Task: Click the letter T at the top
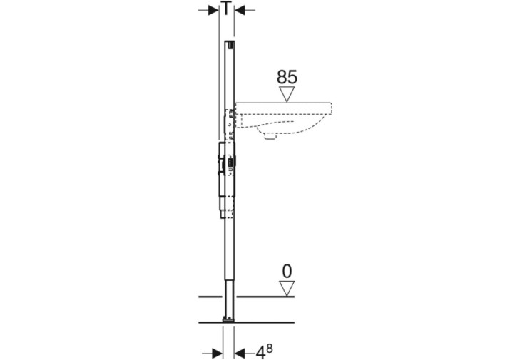[x=226, y=8]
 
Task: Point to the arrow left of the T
[x=208, y=11]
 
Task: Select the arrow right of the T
[x=245, y=11]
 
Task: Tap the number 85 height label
[x=287, y=77]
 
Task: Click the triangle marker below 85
[x=287, y=94]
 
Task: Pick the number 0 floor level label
[x=287, y=272]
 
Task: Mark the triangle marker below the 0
[x=287, y=289]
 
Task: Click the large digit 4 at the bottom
[x=260, y=353]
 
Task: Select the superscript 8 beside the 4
[x=270, y=349]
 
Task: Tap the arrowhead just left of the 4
[x=240, y=354]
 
